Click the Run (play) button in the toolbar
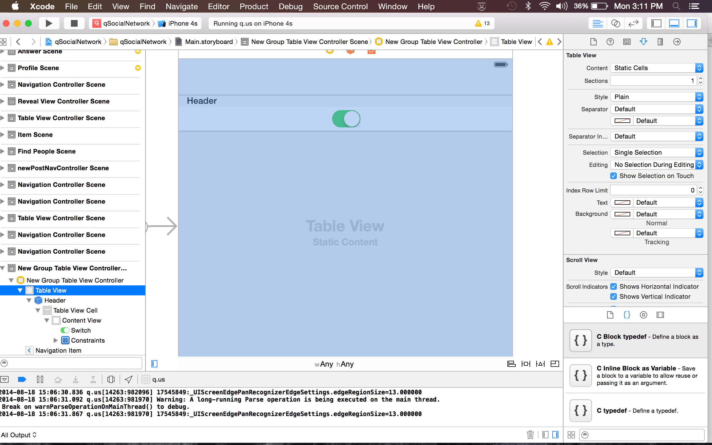pos(49,23)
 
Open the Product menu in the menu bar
pos(254,6)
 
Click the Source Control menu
pos(340,6)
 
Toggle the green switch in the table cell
pos(346,119)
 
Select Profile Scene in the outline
pos(38,68)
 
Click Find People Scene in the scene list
pos(46,151)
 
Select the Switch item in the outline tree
pos(81,330)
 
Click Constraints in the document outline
pos(88,340)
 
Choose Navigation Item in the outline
pos(58,350)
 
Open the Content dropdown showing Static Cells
pos(657,68)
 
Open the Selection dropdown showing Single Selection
pos(657,152)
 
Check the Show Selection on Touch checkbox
pos(614,176)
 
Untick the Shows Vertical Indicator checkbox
pos(614,297)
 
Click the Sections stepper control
pos(701,81)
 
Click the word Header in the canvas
pos(202,101)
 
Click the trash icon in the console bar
pos(530,435)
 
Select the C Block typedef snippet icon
pos(580,340)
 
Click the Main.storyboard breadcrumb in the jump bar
pos(209,42)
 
